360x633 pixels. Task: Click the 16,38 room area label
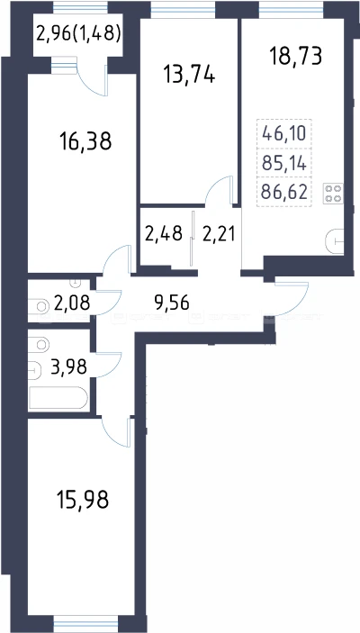[x=85, y=142]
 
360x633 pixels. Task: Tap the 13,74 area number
[x=189, y=75]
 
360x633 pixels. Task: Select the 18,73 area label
[x=296, y=56]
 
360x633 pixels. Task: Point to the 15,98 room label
[x=83, y=500]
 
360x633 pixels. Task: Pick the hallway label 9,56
[x=172, y=302]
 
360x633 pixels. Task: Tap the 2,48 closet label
[x=163, y=233]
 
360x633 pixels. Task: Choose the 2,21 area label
[x=219, y=234]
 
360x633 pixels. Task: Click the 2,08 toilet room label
[x=72, y=303]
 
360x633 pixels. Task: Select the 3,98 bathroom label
[x=68, y=367]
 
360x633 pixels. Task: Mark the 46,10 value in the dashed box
[x=284, y=133]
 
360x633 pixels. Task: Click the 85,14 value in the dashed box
[x=284, y=163]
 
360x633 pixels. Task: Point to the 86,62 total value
[x=284, y=192]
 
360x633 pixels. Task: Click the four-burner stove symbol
[x=333, y=194]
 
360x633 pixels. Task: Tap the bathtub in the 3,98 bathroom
[x=58, y=398]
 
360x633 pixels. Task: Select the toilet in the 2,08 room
[x=39, y=306]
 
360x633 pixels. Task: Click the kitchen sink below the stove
[x=335, y=241]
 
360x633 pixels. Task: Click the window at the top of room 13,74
[x=184, y=10]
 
